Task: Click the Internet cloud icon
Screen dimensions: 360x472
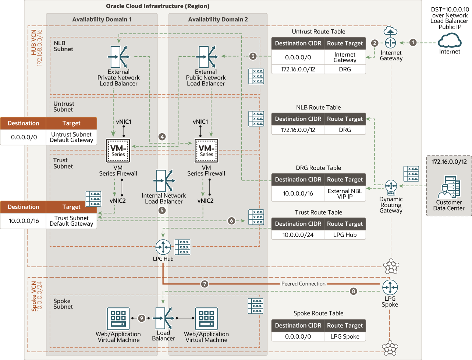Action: click(450, 40)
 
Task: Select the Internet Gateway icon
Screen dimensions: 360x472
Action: click(390, 43)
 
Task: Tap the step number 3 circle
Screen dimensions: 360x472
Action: click(253, 56)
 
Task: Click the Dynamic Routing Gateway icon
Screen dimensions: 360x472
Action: click(391, 186)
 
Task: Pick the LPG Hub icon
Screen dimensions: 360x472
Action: click(163, 247)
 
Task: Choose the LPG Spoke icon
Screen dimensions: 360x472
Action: click(390, 287)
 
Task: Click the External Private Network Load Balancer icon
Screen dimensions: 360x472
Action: click(118, 57)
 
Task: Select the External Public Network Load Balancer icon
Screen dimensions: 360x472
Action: click(206, 57)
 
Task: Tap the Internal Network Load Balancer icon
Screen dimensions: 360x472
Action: click(164, 181)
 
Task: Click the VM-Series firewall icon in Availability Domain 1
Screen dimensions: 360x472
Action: click(118, 151)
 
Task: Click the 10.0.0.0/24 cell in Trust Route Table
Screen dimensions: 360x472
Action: click(298, 235)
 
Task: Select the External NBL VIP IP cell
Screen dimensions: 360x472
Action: click(345, 194)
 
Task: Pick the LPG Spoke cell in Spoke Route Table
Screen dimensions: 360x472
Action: click(345, 336)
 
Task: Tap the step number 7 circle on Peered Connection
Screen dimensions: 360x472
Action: click(205, 284)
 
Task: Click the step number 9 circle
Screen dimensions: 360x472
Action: click(142, 318)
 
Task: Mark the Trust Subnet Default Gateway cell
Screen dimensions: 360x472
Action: click(71, 221)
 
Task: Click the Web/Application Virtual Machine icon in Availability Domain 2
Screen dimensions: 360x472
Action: click(206, 319)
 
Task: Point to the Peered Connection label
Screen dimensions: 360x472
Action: click(303, 284)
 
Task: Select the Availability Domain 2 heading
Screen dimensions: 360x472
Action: click(218, 20)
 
